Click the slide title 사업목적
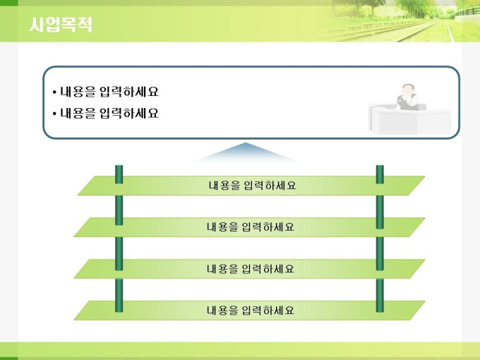point(61,25)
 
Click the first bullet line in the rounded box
point(106,92)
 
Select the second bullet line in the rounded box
point(106,113)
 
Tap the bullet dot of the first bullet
point(54,92)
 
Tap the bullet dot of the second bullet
point(54,114)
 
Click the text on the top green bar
point(252,186)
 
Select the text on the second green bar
point(251,227)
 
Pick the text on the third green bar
point(251,269)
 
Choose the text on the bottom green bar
point(251,311)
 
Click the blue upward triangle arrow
point(246,152)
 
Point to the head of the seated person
point(407,90)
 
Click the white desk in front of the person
point(410,120)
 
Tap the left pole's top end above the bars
point(119,166)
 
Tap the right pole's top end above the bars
point(380,166)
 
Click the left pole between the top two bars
point(119,206)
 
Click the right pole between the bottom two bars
point(380,289)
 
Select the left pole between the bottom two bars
point(119,289)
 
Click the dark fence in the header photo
point(467,11)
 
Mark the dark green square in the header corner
point(9,3)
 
